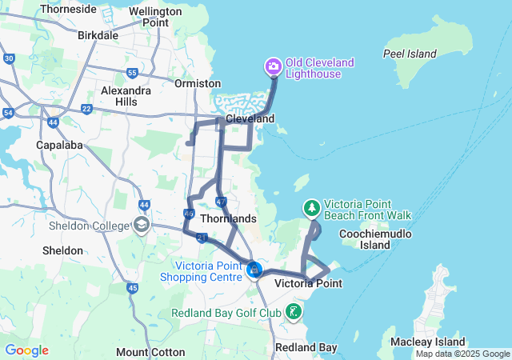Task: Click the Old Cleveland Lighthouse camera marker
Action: pos(273,66)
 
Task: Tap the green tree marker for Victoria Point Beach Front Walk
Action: pos(311,208)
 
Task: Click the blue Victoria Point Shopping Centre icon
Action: pos(254,270)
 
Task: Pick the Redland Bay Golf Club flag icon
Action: pos(294,311)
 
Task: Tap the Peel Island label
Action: pos(410,54)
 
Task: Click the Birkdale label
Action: pos(98,35)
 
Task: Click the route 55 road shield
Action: pos(132,73)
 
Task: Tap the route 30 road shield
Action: pos(9,58)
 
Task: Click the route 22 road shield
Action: pos(86,109)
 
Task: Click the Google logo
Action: pos(26,350)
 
